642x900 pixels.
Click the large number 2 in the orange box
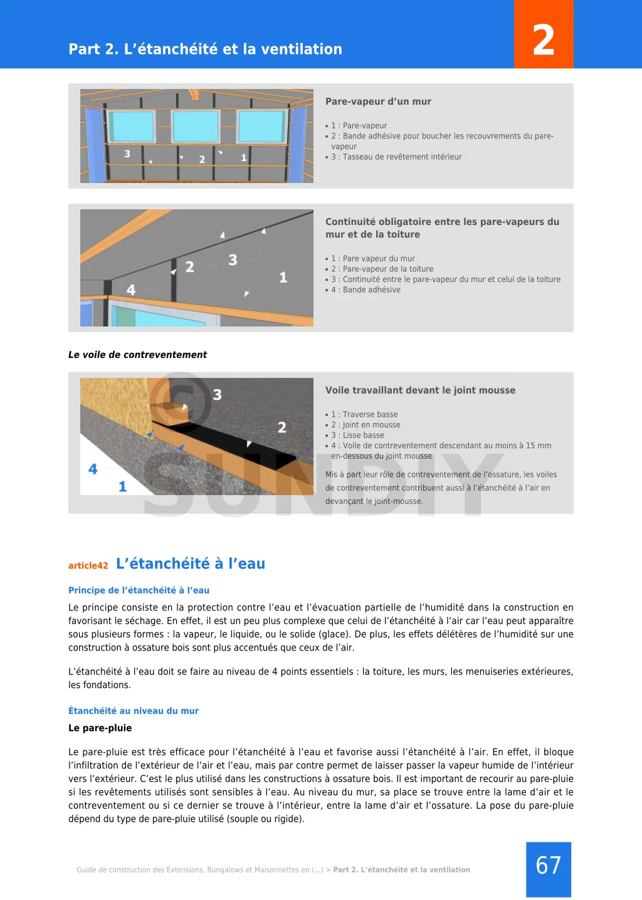[544, 40]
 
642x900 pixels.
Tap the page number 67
[549, 866]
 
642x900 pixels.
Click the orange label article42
[88, 565]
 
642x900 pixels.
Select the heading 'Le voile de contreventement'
[137, 355]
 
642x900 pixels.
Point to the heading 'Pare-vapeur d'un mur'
[378, 102]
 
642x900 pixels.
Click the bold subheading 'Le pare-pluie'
[100, 728]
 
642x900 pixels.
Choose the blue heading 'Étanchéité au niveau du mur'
[134, 711]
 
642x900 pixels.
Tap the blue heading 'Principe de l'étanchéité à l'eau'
[139, 590]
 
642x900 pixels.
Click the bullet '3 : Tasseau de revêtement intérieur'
[396, 157]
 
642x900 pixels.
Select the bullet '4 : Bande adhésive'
[366, 290]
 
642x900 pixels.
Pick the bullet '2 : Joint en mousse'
[366, 425]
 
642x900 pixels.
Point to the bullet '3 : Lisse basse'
[358, 435]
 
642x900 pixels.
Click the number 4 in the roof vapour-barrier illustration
[131, 290]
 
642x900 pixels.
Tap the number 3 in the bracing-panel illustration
[217, 394]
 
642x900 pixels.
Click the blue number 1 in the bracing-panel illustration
[122, 486]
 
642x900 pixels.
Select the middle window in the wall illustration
[196, 127]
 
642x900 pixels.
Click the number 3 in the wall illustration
[127, 154]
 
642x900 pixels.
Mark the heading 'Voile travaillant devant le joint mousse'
[420, 390]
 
